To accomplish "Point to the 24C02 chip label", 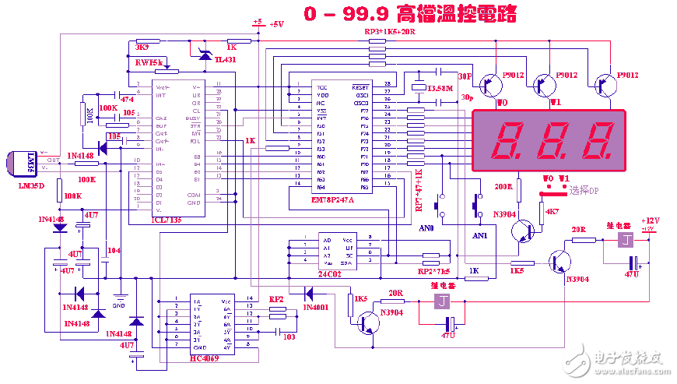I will pyautogui.click(x=329, y=273).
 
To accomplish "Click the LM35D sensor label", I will pyautogui.click(x=31, y=185).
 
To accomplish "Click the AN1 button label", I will pyautogui.click(x=479, y=234).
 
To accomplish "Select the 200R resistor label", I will pyautogui.click(x=504, y=186).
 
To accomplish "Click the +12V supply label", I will pyautogui.click(x=649, y=221).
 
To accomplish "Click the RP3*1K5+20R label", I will pyautogui.click(x=390, y=32).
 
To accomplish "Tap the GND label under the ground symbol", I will pyautogui.click(x=119, y=305).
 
